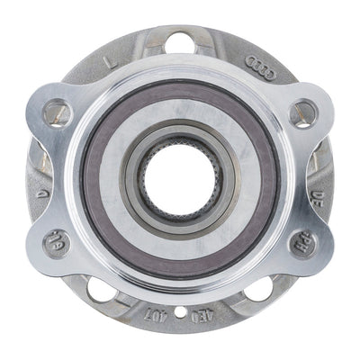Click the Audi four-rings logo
tap(261, 67)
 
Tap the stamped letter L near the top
tap(112, 61)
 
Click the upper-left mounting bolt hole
tap(57, 112)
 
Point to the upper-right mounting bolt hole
tap(303, 112)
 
